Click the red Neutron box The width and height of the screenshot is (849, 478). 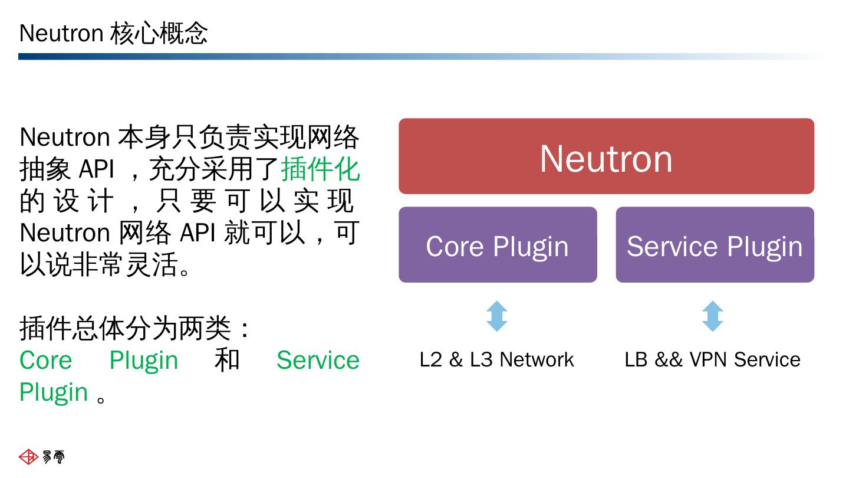point(606,156)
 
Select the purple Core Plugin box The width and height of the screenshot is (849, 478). point(498,245)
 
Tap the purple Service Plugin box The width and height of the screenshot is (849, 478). point(715,245)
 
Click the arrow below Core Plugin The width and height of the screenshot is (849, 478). point(496,316)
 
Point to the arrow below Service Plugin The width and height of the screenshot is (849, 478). point(712,316)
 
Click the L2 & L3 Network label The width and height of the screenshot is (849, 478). point(496,359)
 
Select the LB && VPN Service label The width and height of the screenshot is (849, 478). point(712,359)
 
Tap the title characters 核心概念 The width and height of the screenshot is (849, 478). point(159,33)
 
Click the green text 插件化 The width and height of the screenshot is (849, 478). point(320,169)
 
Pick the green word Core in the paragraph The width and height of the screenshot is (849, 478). point(46,360)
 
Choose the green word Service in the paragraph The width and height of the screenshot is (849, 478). point(318,360)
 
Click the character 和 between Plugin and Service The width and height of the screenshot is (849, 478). point(228,360)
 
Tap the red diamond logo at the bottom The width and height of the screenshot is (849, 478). point(28,457)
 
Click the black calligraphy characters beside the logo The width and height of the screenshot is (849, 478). point(54,457)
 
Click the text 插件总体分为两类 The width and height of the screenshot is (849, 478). point(125,328)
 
